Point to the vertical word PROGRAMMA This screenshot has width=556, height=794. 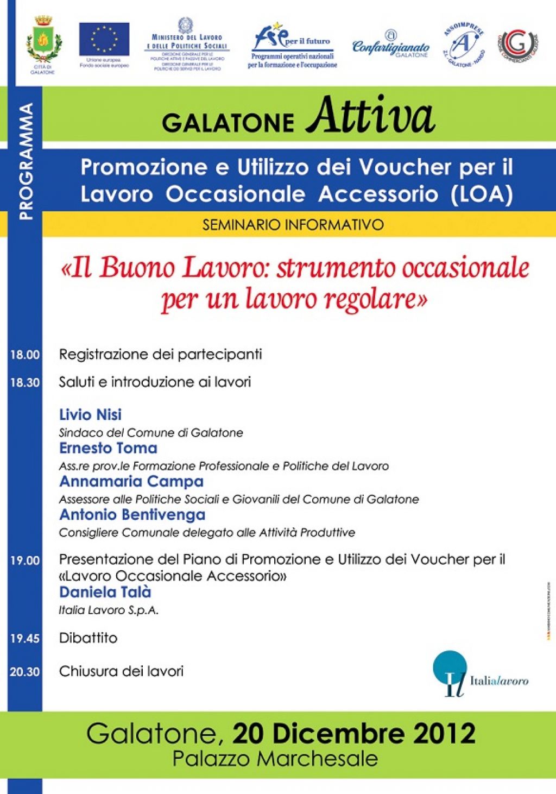point(26,162)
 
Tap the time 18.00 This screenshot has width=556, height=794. point(25,355)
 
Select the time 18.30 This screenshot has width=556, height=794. point(25,383)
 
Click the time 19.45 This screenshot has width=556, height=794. point(25,639)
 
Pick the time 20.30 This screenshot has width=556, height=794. point(25,672)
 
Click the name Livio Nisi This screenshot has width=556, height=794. point(90,415)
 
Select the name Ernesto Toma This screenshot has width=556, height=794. point(108,448)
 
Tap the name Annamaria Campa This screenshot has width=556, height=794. point(131,481)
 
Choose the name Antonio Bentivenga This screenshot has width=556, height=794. point(132,514)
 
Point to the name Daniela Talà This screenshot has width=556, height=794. point(105,592)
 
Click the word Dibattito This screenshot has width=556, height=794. point(88,638)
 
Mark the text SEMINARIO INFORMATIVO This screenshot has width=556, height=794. point(293,224)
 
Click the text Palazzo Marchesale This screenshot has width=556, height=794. point(275,759)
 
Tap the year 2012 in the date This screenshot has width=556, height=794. point(444,733)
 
